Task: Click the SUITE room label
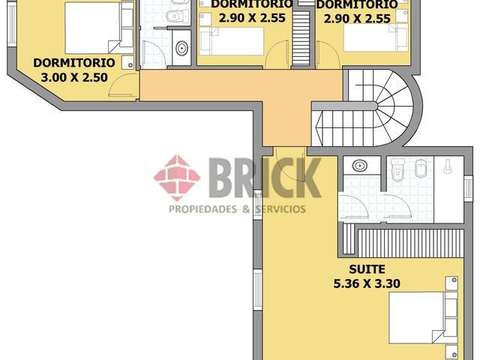pos(367,269)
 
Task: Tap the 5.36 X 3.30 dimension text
pos(367,283)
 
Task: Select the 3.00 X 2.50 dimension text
pos(74,77)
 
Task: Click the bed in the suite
pos(423,317)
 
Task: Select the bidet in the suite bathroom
pos(421,169)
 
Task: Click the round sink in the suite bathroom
pos(360,166)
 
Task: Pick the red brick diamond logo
pos(177,178)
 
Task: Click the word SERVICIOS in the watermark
pos(280,209)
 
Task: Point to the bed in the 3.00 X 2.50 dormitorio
pos(99,28)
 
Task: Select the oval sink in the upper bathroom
pos(181,48)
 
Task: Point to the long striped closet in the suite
pos(411,243)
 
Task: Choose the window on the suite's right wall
pos(468,189)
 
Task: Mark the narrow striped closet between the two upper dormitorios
pos(301,38)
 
